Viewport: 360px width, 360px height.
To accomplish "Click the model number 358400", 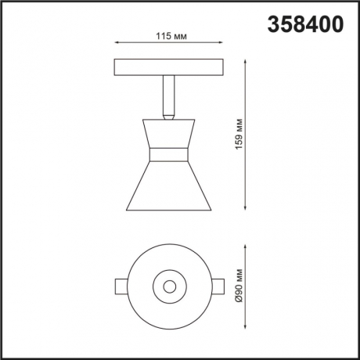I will click(305, 25).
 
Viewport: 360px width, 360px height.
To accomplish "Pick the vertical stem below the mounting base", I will click(169, 93).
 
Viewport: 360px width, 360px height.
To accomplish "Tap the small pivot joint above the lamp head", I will click(169, 117).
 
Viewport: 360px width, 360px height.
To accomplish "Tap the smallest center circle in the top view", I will click(169, 286).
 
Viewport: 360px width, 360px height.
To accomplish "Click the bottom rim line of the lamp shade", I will click(169, 210).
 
